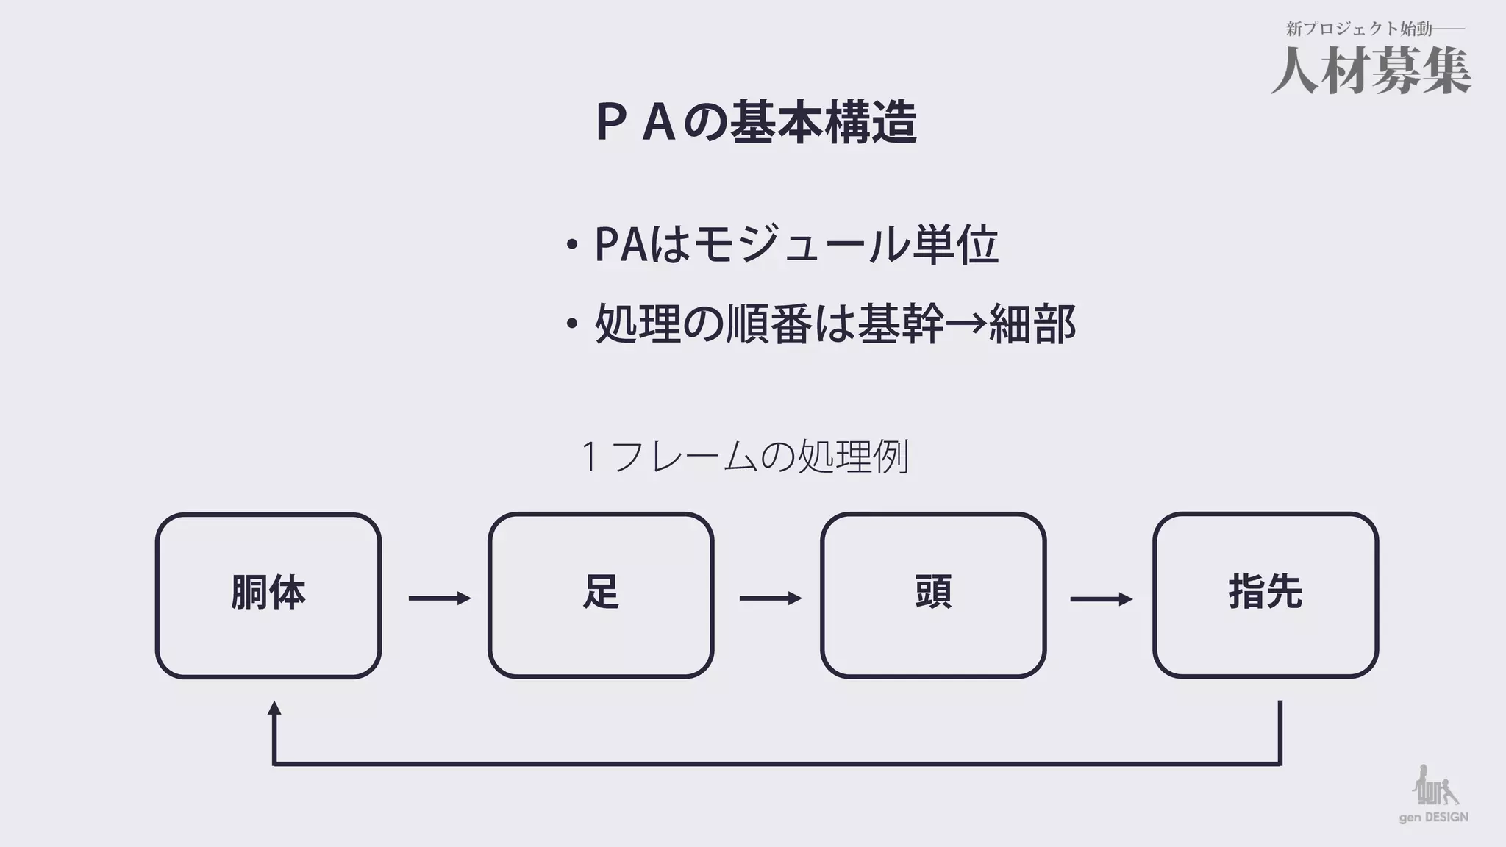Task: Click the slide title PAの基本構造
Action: click(x=756, y=122)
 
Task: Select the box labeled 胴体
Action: click(x=268, y=595)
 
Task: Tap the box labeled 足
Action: click(x=601, y=595)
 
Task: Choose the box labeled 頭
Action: click(x=933, y=595)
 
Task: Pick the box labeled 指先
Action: click(x=1266, y=595)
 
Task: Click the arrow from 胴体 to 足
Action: click(x=439, y=598)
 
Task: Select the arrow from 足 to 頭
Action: click(x=770, y=598)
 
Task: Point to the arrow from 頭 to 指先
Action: click(x=1101, y=598)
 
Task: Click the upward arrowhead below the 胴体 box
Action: click(x=274, y=710)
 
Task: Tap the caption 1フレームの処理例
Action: click(x=745, y=457)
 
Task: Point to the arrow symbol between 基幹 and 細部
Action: click(x=966, y=323)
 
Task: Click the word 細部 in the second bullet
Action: click(x=1032, y=324)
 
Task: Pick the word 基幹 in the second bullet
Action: click(x=901, y=324)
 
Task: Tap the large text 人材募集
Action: click(x=1371, y=71)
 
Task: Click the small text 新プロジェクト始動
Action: click(x=1359, y=29)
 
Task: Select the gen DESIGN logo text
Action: click(x=1433, y=818)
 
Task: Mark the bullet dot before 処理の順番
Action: click(x=571, y=324)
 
